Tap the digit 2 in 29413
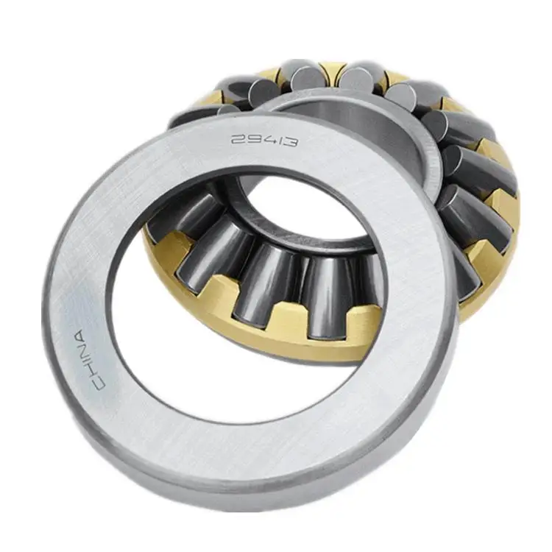[238, 136]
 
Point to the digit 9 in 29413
[251, 137]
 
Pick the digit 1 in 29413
[277, 139]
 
